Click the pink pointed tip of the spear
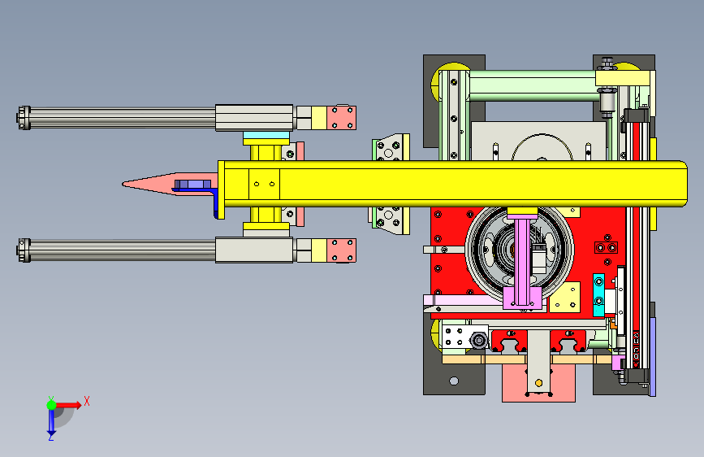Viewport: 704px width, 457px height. [x=123, y=184]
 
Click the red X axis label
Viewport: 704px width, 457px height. [x=87, y=401]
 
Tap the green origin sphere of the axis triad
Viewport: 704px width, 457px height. [x=52, y=405]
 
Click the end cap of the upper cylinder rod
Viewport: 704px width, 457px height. [x=24, y=117]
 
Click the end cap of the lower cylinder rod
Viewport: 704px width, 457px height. [x=24, y=250]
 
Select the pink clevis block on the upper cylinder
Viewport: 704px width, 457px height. [x=341, y=118]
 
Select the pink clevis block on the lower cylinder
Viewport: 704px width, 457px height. [x=341, y=250]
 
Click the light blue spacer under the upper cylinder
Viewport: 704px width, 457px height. [x=266, y=135]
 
